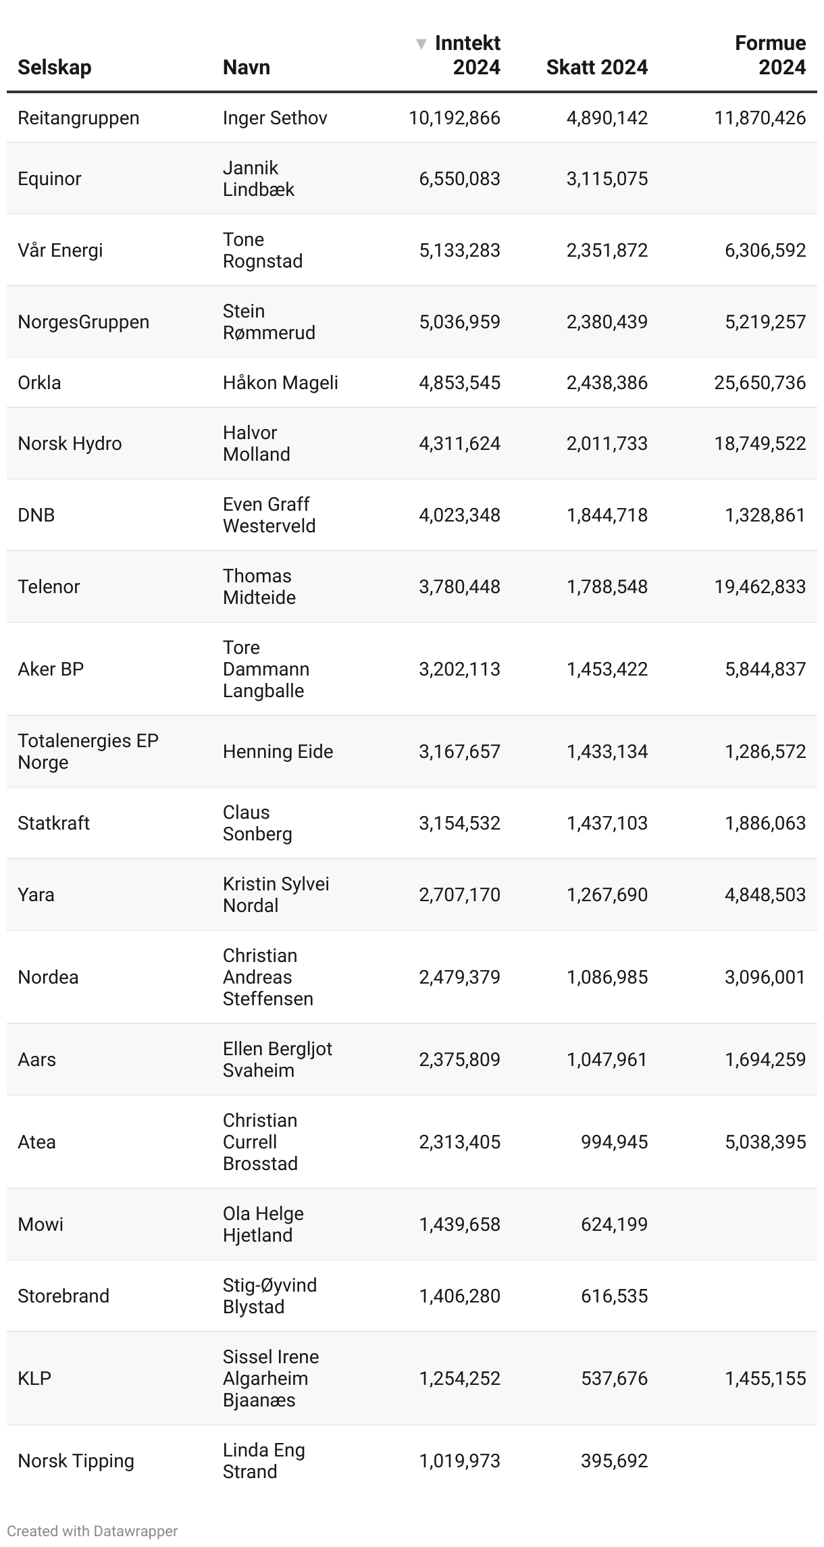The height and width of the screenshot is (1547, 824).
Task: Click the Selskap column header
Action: coord(54,68)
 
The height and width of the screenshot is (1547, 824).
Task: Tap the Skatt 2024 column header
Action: coord(596,68)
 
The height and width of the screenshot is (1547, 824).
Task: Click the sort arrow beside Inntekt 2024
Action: coord(421,45)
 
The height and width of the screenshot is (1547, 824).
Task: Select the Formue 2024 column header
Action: coord(770,55)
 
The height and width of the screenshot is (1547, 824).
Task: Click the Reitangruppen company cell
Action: coord(78,118)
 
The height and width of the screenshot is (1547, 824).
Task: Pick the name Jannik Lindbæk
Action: coord(259,179)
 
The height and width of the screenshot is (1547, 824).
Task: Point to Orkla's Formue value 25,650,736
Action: coord(760,383)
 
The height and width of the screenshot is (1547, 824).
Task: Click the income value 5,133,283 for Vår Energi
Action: coord(459,251)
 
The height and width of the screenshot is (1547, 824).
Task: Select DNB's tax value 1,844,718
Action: coord(607,515)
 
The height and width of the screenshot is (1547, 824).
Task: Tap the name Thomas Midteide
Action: coord(259,587)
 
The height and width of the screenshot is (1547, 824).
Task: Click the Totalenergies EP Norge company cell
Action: coord(88,752)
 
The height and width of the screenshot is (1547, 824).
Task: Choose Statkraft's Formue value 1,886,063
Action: coord(765,823)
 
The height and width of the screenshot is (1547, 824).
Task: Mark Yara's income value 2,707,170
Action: coord(459,895)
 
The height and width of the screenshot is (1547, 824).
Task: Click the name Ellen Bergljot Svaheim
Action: coord(277,1060)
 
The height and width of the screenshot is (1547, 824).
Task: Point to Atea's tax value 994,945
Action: coord(614,1142)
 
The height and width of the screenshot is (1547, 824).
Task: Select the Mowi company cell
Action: coord(41,1225)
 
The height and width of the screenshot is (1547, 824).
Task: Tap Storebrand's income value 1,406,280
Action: coord(459,1296)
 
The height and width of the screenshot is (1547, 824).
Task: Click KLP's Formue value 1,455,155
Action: coord(765,1379)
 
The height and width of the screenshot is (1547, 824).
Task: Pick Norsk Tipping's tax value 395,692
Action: coord(614,1461)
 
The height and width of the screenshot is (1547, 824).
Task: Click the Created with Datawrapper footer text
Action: coord(93,1531)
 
